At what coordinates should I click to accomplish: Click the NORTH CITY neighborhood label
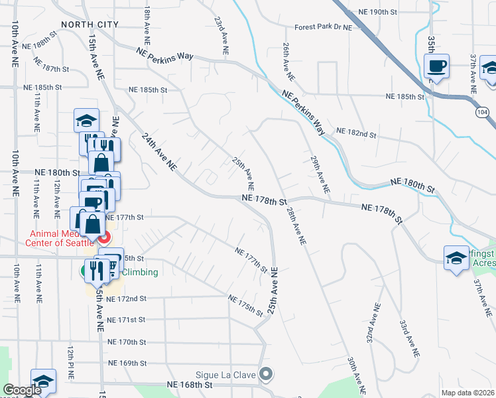coord(90,25)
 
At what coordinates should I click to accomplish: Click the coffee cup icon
coord(436,66)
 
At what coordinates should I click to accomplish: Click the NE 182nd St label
coord(356,133)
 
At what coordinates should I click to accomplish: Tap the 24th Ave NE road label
coord(158,152)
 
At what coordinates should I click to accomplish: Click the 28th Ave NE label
coord(296,226)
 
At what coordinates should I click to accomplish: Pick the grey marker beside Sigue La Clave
coord(266,375)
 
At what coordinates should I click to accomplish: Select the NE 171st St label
coord(125,320)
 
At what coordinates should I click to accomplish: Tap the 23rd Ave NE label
coord(221,35)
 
